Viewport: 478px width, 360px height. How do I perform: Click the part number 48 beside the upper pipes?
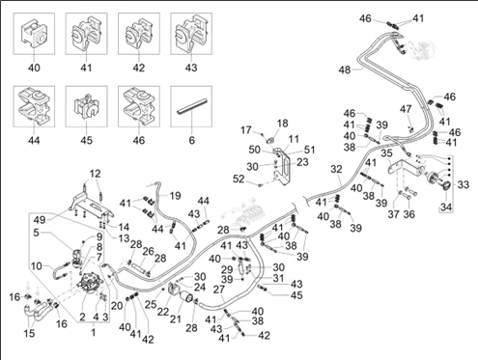345,69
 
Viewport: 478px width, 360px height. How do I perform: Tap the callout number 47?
406,109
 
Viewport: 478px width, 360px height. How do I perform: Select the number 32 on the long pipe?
336,169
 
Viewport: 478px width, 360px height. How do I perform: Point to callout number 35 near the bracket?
386,153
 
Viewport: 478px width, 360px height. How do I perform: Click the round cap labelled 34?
445,186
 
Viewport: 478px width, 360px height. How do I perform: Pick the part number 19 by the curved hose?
175,196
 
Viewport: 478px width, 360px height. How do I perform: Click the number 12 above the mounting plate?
95,174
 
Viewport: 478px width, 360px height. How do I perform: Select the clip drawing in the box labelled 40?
33,34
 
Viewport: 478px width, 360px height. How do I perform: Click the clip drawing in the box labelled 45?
86,106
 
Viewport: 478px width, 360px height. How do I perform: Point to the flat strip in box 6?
192,106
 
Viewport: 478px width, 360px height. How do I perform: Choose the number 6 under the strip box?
192,140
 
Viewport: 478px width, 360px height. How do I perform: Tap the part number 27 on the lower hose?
219,290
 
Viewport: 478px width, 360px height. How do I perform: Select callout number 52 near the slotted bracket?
239,179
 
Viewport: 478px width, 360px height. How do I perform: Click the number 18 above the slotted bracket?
282,124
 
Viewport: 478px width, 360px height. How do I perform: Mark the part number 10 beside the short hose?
37,266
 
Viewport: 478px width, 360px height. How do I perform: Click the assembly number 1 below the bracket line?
94,332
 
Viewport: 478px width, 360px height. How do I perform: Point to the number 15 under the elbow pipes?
29,333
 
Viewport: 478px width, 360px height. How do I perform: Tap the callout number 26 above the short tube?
149,251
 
